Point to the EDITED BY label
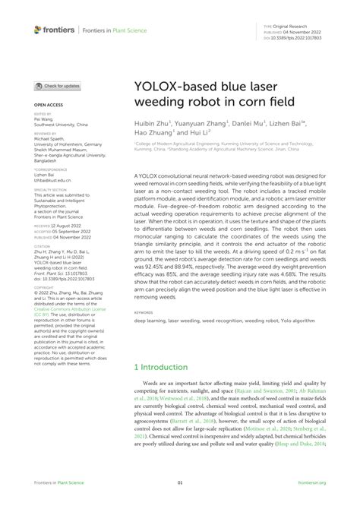click(x=43, y=114)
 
